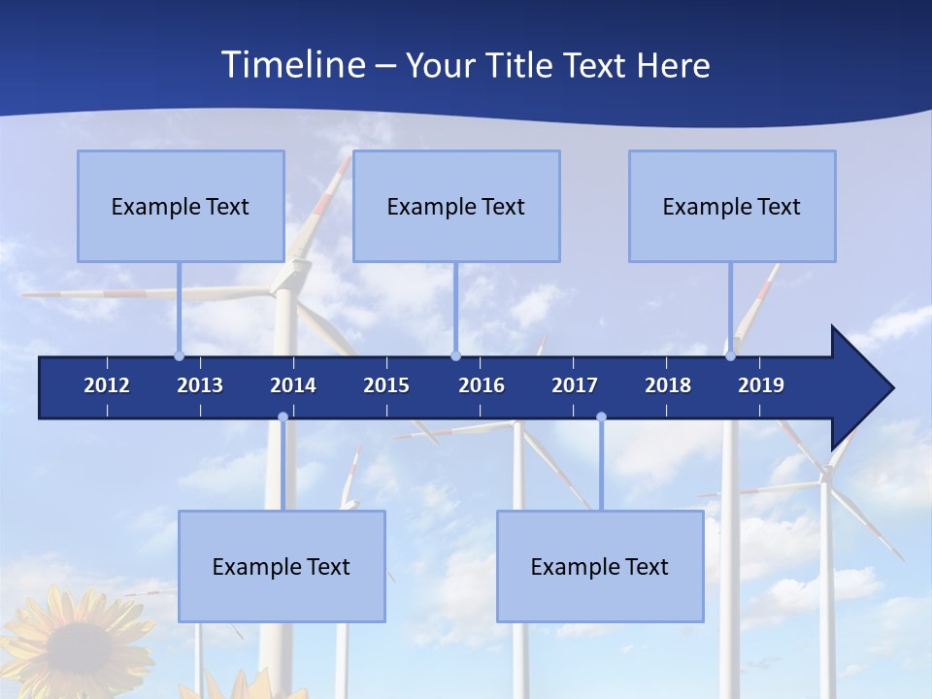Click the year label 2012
[x=107, y=385]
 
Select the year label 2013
[x=200, y=385]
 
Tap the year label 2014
[x=293, y=385]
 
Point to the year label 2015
[x=386, y=385]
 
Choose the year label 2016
[x=482, y=385]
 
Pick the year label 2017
[x=575, y=385]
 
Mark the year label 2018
[x=668, y=385]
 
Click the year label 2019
[x=761, y=385]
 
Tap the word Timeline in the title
[x=292, y=65]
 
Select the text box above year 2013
[x=181, y=206]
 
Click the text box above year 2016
[x=456, y=206]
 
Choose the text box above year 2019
[x=732, y=206]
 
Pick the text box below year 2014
[x=282, y=566]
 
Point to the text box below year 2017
[x=600, y=566]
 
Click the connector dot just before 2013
[x=179, y=355]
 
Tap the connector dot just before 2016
[x=455, y=355]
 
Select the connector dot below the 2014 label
[x=283, y=417]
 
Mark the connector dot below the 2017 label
[x=601, y=417]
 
